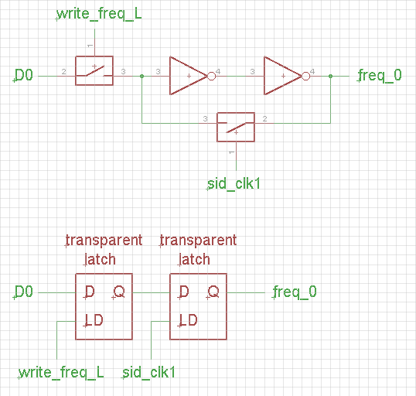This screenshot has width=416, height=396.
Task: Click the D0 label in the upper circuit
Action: click(x=24, y=76)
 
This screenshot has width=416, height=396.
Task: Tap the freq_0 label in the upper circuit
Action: click(x=380, y=76)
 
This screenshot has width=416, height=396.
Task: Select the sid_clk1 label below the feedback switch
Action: click(x=234, y=184)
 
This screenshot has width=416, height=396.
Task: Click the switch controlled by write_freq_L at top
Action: click(x=94, y=70)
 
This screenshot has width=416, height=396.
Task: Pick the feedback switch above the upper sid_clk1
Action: click(x=235, y=125)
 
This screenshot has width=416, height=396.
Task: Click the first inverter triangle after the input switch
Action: click(x=186, y=76)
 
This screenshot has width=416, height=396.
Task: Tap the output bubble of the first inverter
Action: click(x=210, y=76)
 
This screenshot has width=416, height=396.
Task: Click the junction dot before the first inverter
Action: click(x=142, y=76)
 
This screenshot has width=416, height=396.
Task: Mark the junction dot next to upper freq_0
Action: click(x=330, y=76)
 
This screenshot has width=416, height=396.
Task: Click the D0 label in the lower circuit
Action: click(x=24, y=292)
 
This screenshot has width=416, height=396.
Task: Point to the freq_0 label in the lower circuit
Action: click(x=295, y=292)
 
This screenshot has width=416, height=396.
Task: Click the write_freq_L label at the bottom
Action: click(x=61, y=373)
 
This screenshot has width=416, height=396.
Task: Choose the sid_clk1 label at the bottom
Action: click(x=149, y=373)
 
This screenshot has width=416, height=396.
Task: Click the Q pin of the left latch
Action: click(x=118, y=292)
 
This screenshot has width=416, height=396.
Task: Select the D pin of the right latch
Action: click(x=184, y=292)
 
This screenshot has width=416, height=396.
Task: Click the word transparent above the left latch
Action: click(x=104, y=241)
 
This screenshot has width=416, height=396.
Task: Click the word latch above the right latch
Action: click(x=194, y=259)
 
